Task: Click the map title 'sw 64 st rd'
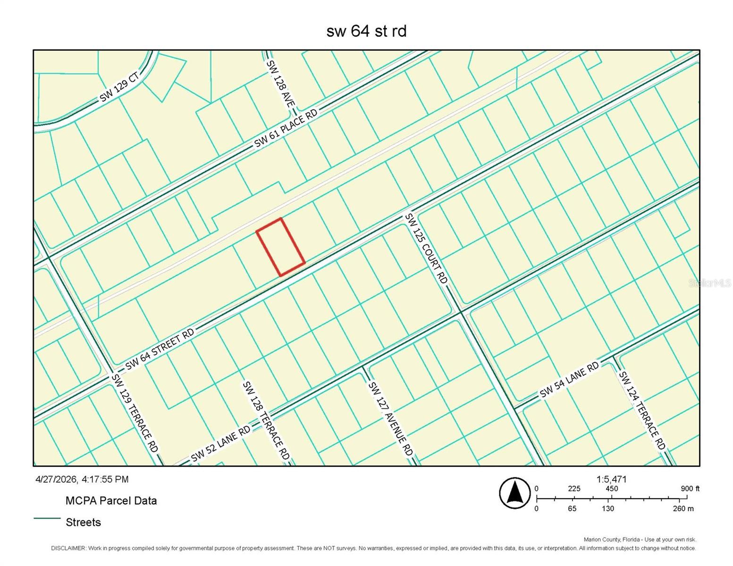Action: pos(366,31)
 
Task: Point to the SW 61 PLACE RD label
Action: pos(286,128)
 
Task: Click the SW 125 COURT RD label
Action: pos(426,249)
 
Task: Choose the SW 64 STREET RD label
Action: pos(160,349)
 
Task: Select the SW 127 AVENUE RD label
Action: pos(390,418)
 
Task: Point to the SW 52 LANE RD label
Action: pos(220,445)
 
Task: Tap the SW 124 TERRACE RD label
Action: pos(642,410)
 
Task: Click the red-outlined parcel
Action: pos(280,247)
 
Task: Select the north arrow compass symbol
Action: pos(515,493)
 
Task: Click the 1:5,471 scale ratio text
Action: pos(611,479)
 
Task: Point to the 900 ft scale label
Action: pos(690,489)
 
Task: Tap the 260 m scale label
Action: pos(683,508)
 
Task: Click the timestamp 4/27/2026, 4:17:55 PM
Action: pos(82,479)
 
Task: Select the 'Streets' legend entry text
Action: pos(83,522)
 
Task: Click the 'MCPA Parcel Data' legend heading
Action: pos(111,500)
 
